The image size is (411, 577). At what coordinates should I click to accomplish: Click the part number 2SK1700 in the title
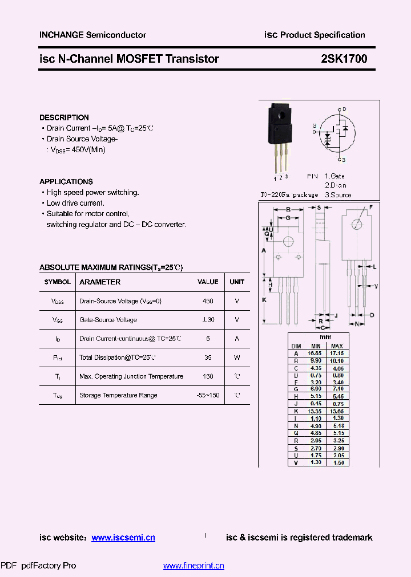[344, 59]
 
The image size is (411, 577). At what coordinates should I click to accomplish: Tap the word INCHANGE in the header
[61, 35]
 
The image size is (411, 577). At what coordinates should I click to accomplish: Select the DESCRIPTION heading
[64, 117]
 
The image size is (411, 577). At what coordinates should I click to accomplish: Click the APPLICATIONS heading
[66, 182]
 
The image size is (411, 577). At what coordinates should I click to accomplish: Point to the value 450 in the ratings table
[208, 301]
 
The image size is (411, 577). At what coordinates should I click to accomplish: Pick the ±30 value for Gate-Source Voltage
[208, 320]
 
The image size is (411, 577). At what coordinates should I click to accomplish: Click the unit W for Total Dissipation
[237, 357]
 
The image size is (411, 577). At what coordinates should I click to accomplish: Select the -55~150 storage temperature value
[208, 395]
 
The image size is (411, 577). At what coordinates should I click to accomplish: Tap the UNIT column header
[237, 282]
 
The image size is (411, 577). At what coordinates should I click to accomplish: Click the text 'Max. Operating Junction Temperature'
[131, 376]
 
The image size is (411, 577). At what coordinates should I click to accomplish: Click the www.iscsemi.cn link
[123, 538]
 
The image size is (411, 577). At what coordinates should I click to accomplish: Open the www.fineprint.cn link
[194, 566]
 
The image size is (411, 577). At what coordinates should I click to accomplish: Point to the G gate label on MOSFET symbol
[314, 125]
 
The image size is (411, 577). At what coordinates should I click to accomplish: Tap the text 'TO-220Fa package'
[289, 195]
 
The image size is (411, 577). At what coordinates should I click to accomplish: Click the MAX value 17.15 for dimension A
[337, 353]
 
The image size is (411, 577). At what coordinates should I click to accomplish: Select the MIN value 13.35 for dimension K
[316, 412]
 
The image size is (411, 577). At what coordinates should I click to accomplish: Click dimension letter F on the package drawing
[370, 206]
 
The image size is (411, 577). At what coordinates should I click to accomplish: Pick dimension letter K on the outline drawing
[264, 299]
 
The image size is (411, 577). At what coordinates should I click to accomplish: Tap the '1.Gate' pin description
[335, 176]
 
